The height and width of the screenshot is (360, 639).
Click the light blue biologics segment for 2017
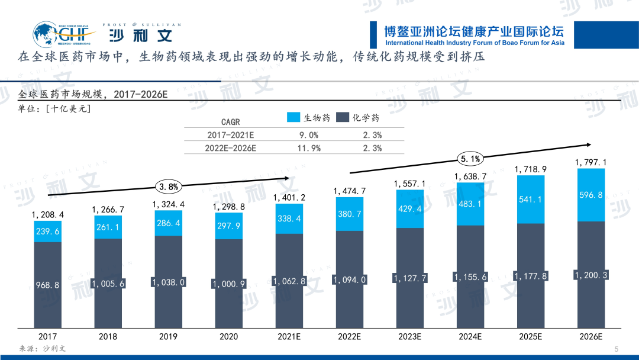48,232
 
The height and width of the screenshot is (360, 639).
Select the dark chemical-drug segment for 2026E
590,275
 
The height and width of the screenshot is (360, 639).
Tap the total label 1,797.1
590,162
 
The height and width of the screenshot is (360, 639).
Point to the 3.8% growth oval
168,187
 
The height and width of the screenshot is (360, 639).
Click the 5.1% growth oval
470,158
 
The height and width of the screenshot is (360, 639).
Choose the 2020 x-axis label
228,336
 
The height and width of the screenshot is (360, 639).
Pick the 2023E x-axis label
409,336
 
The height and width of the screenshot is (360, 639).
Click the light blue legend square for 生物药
293,117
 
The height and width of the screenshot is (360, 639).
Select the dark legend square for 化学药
341,117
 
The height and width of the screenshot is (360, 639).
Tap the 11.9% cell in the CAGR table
308,148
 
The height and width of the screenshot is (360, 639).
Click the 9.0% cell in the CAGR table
308,135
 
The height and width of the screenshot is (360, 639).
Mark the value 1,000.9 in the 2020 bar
228,284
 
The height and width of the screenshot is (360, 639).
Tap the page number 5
617,349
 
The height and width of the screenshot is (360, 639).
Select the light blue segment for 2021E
289,219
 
